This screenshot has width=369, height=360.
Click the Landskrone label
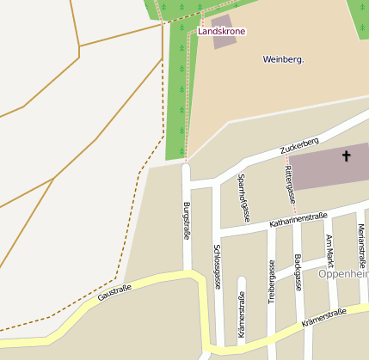tap(221, 31)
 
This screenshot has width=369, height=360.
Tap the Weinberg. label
tap(284, 59)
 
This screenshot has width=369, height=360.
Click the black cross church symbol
tap(347, 156)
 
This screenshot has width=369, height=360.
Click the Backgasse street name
tap(298, 272)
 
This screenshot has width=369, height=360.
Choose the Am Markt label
tap(329, 250)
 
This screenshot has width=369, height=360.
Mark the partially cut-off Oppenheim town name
tap(343, 274)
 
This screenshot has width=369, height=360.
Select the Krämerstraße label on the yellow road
tap(323, 317)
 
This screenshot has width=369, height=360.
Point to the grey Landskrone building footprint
tap(223, 20)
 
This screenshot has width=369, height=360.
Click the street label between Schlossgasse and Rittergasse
tap(243, 198)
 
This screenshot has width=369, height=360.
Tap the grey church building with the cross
tap(327, 167)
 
